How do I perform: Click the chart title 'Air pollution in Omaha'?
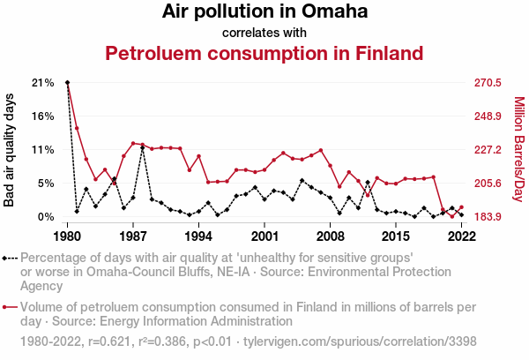pyautogui.click(x=264, y=12)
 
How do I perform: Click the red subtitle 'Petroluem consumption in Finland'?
pyautogui.click(x=264, y=53)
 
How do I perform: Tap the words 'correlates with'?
pyautogui.click(x=264, y=33)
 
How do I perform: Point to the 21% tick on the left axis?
pyautogui.click(x=42, y=83)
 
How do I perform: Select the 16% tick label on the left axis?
pyautogui.click(x=42, y=116)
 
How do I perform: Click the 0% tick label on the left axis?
pyautogui.click(x=46, y=217)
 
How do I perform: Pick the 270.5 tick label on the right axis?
pyautogui.click(x=488, y=83)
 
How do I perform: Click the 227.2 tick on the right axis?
pyautogui.click(x=488, y=150)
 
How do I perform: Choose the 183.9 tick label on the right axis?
pyautogui.click(x=488, y=217)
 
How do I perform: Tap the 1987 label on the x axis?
pyautogui.click(x=133, y=237)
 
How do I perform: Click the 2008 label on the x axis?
pyautogui.click(x=330, y=237)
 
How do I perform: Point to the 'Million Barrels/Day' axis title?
pyautogui.click(x=518, y=149)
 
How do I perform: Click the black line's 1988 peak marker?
pyautogui.click(x=143, y=148)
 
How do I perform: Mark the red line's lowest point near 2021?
pyautogui.click(x=452, y=216)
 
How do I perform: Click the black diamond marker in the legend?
pyautogui.click(x=9, y=258)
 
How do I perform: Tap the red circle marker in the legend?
pyautogui.click(x=9, y=308)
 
